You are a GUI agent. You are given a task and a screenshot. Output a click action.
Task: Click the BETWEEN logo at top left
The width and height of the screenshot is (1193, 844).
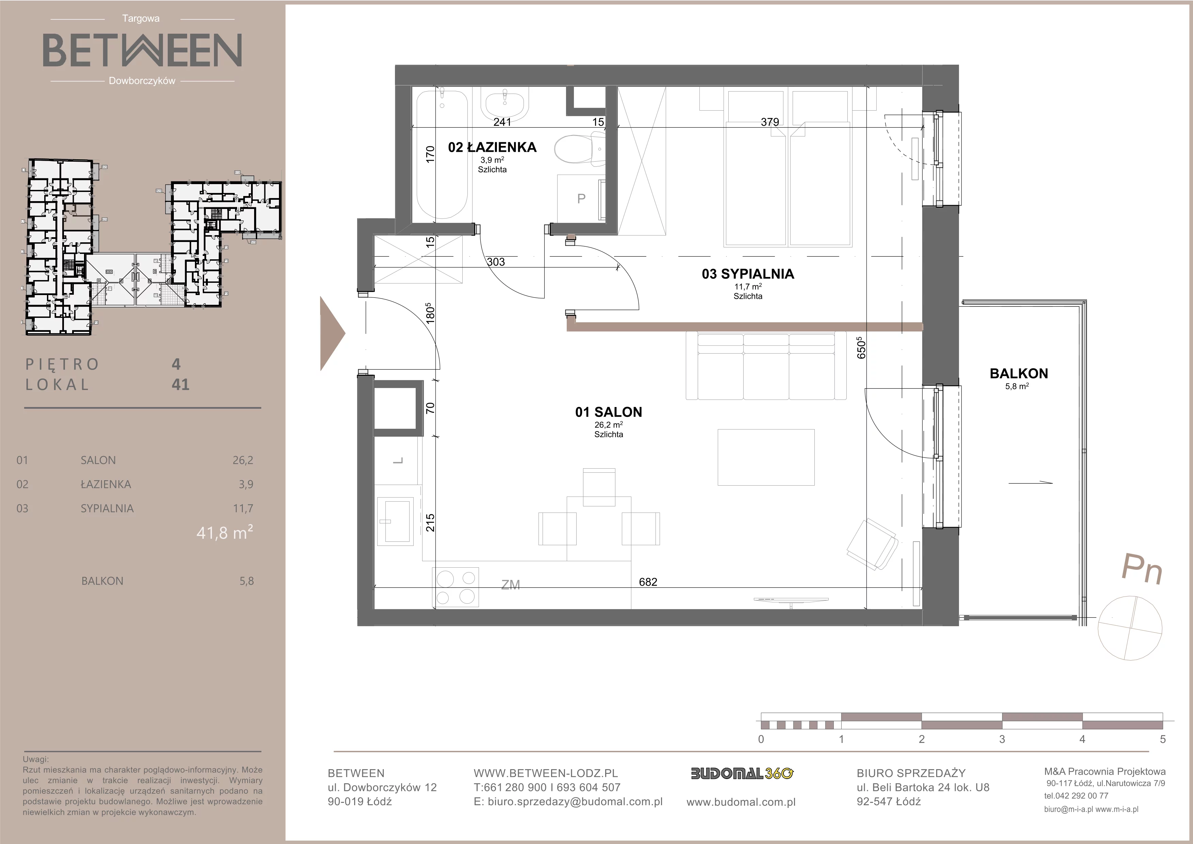click(142, 50)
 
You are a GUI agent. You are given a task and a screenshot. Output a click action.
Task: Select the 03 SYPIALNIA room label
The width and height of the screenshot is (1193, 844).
click(748, 274)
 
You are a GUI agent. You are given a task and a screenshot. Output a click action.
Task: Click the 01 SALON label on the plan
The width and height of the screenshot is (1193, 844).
click(609, 412)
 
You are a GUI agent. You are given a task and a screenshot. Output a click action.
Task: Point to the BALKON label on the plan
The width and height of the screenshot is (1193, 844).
click(1018, 373)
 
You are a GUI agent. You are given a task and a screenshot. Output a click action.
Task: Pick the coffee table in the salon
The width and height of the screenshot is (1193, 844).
click(766, 457)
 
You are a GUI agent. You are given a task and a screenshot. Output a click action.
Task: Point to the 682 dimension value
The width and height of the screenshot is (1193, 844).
click(648, 582)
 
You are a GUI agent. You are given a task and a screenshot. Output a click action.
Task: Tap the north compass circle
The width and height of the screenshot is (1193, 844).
click(1130, 628)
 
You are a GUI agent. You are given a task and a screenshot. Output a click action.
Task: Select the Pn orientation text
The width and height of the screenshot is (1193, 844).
click(1142, 569)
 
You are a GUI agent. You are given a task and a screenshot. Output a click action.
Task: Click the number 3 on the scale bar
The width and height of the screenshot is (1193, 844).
click(1002, 739)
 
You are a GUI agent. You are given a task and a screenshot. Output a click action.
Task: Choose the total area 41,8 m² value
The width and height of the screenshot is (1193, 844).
click(225, 532)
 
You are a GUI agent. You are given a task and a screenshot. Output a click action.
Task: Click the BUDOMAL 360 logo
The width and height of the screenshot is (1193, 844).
click(742, 774)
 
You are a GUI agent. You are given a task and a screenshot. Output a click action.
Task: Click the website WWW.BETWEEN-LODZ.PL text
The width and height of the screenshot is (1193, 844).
click(546, 773)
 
